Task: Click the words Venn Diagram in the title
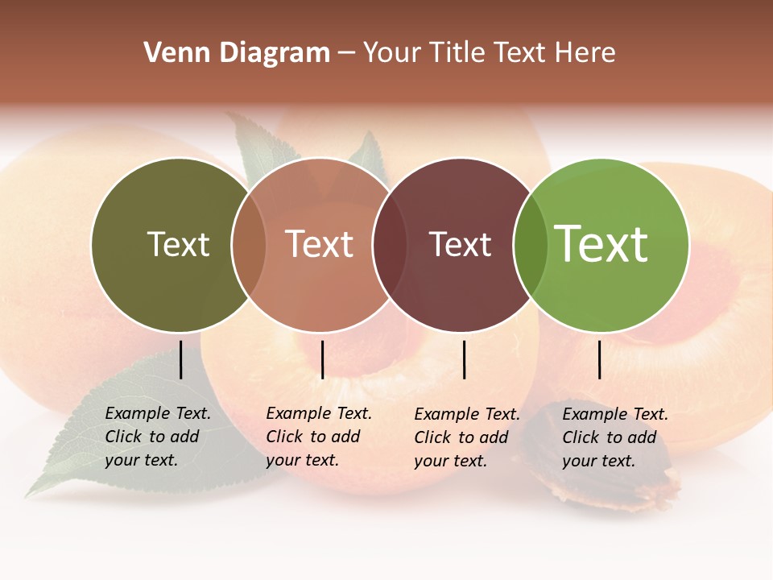point(237,53)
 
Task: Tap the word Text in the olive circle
point(178,244)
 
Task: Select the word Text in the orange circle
point(320,244)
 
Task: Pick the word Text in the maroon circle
point(460,244)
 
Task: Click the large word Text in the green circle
point(601,244)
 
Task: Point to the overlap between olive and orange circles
point(249,245)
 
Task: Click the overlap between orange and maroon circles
point(389,245)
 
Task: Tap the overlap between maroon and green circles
point(530,245)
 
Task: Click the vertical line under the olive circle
point(181,359)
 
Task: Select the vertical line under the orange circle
point(322,359)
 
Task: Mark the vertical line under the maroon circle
point(465,359)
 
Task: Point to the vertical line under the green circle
point(600,359)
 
